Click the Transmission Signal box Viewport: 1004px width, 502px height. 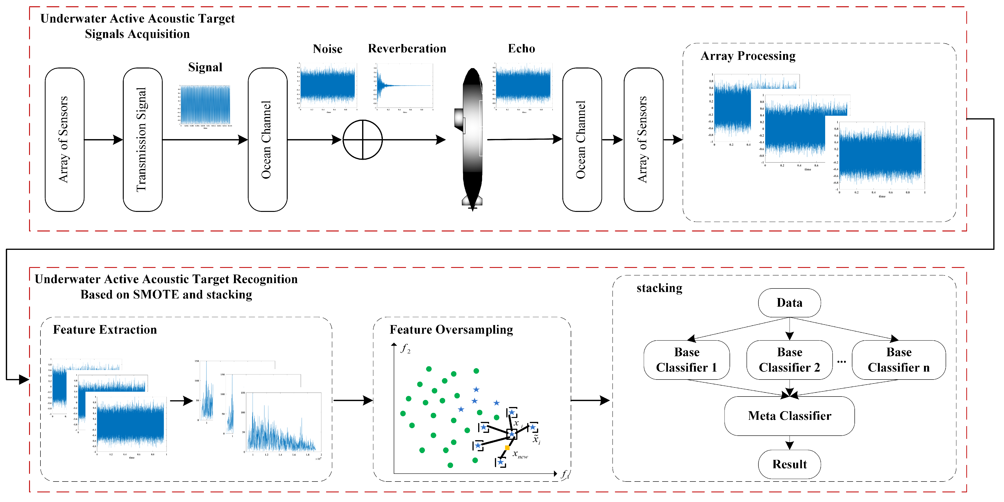(142, 140)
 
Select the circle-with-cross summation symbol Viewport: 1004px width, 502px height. (363, 140)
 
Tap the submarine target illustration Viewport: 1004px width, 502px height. (472, 139)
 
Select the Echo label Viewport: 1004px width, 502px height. (521, 48)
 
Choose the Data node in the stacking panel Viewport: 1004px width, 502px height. (789, 303)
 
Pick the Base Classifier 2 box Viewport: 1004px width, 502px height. (789, 360)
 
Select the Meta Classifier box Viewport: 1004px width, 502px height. (789, 416)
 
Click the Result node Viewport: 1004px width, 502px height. (789, 464)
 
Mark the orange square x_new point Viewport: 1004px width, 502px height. (507, 448)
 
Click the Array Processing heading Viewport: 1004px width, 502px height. (747, 56)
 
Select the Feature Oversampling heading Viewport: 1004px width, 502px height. (451, 330)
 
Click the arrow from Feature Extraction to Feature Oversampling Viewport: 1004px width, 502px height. (353, 400)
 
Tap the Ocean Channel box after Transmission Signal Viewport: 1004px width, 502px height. (267, 140)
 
